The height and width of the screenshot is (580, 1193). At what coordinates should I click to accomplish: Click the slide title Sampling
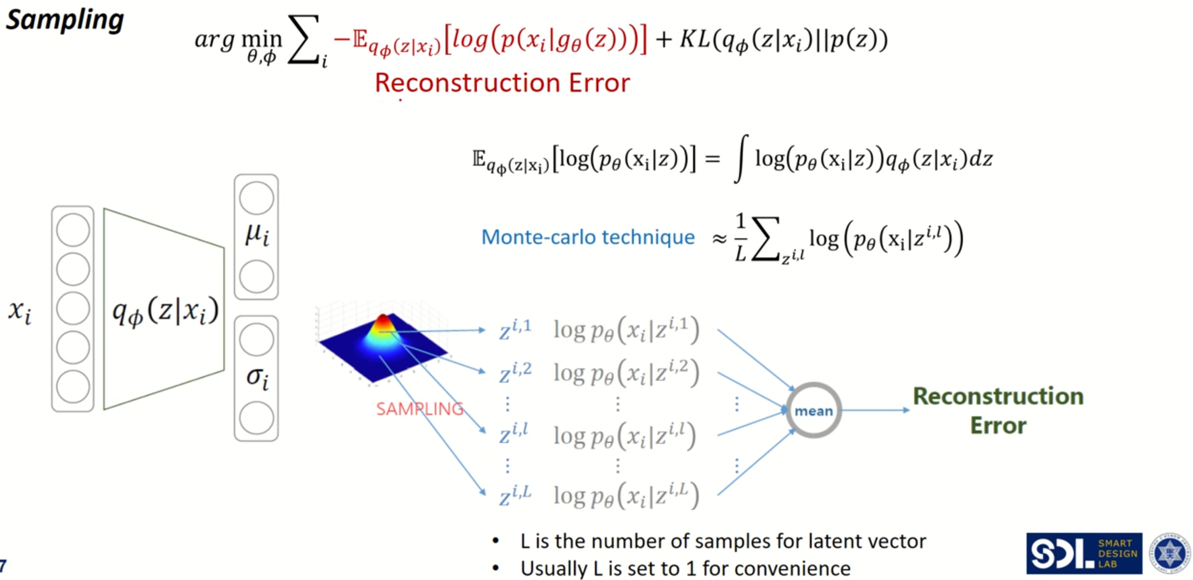pyautogui.click(x=64, y=20)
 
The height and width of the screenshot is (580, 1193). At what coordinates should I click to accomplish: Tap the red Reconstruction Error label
pyautogui.click(x=502, y=83)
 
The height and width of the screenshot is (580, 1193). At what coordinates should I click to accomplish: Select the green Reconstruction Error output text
pyautogui.click(x=998, y=410)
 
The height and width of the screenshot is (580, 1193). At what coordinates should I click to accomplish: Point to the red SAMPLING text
pyautogui.click(x=420, y=409)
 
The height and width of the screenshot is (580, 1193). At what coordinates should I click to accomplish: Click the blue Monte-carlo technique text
pyautogui.click(x=587, y=237)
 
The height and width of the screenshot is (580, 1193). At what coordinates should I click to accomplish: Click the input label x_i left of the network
pyautogui.click(x=20, y=311)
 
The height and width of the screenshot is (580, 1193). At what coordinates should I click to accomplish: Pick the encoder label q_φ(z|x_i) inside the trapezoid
pyautogui.click(x=165, y=311)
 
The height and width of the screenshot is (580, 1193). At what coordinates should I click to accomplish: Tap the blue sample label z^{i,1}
pyautogui.click(x=515, y=330)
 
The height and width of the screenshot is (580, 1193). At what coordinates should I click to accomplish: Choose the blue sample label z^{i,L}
pyautogui.click(x=515, y=495)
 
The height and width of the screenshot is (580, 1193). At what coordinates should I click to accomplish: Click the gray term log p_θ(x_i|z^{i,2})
pyautogui.click(x=626, y=372)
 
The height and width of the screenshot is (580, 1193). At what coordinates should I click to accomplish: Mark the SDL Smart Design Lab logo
pyautogui.click(x=1083, y=553)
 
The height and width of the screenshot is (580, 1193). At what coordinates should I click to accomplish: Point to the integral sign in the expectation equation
pyautogui.click(x=740, y=159)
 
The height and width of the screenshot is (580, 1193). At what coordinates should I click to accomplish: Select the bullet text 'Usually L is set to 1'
pyautogui.click(x=685, y=568)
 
